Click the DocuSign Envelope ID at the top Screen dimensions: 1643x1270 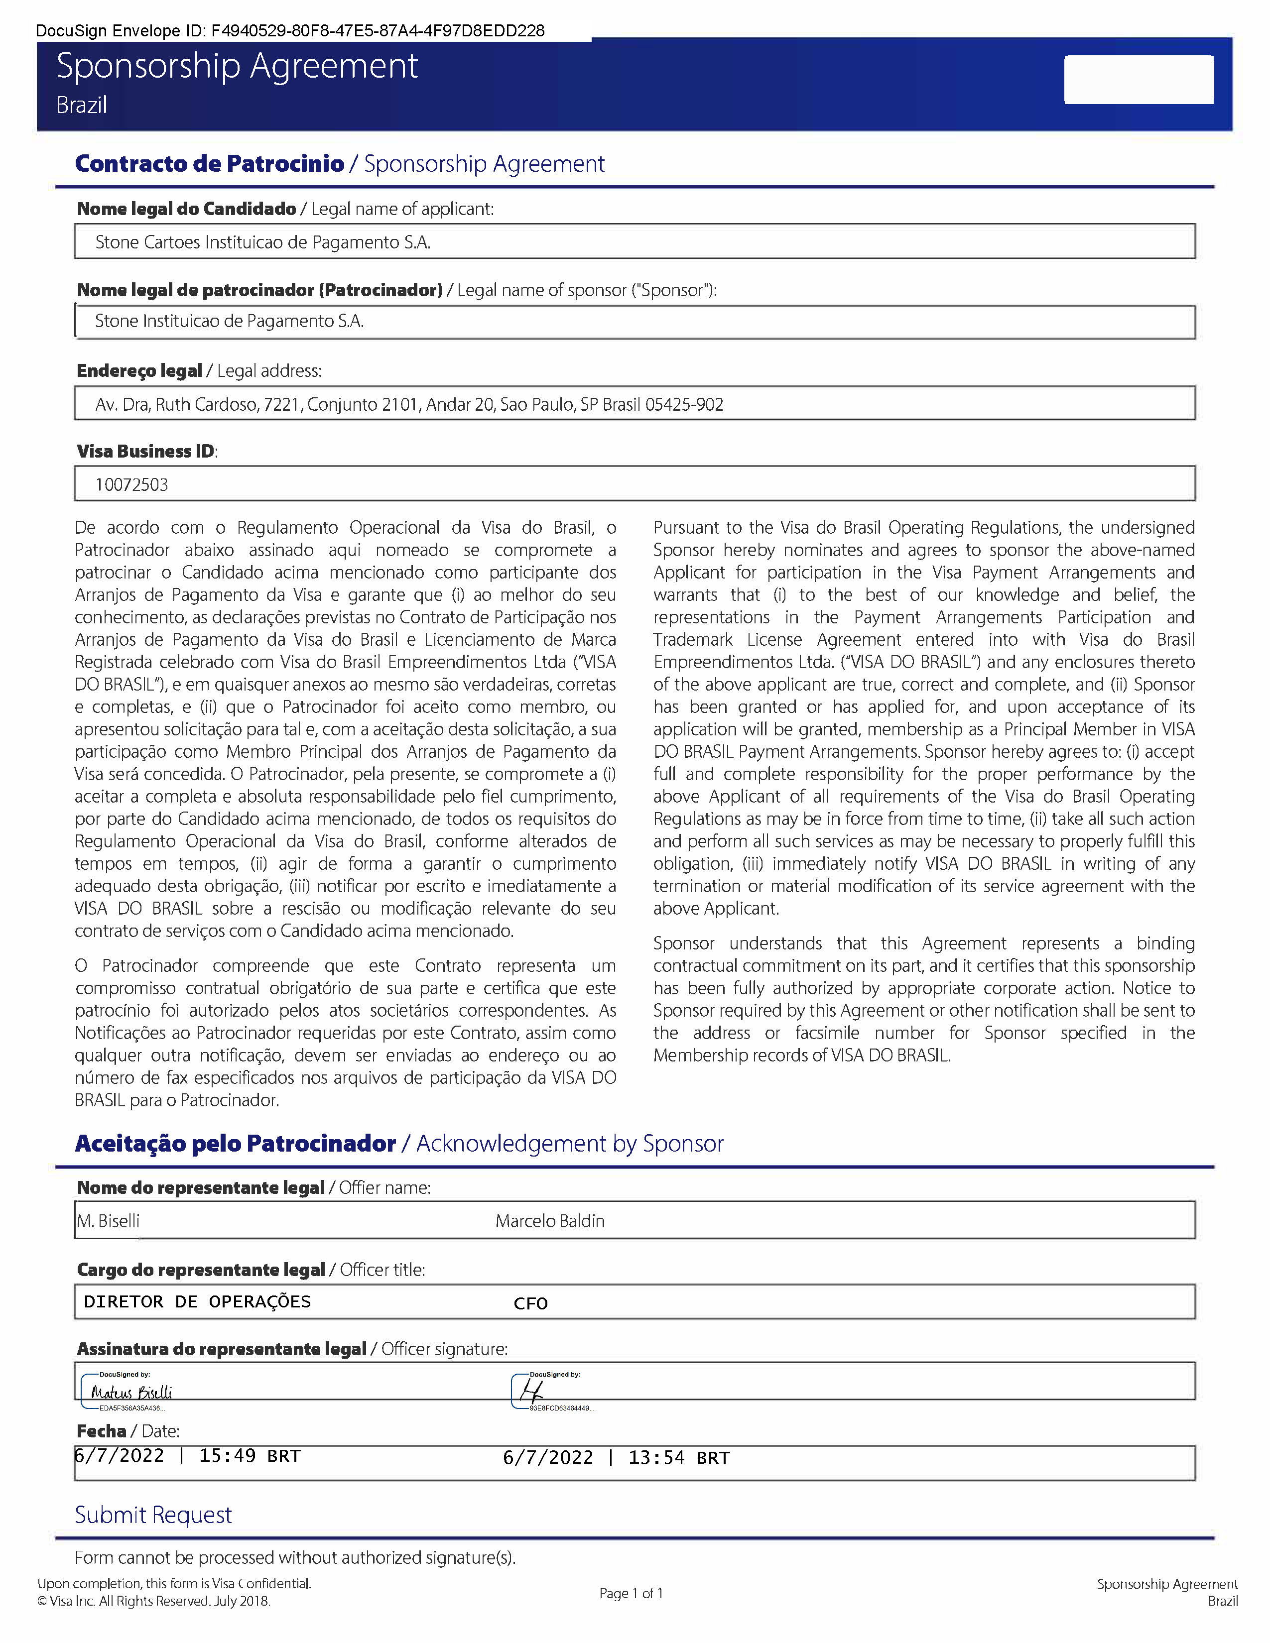290,31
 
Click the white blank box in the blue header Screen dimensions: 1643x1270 1138,79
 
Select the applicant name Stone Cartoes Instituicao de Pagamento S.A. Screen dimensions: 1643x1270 262,242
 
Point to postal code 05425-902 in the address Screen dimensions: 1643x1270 684,405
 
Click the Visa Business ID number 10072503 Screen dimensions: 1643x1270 131,484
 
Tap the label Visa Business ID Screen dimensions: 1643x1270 146,452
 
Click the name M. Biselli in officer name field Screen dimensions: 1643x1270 109,1221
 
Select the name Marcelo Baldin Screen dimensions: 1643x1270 549,1221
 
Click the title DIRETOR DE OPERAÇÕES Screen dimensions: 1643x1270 197,1301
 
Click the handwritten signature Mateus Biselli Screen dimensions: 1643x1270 131,1393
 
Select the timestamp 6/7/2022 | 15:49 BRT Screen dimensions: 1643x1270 187,1456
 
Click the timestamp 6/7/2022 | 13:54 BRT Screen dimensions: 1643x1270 616,1458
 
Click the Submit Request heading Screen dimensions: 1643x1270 153,1515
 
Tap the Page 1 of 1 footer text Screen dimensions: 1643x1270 631,1593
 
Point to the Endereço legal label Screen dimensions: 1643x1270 139,371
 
